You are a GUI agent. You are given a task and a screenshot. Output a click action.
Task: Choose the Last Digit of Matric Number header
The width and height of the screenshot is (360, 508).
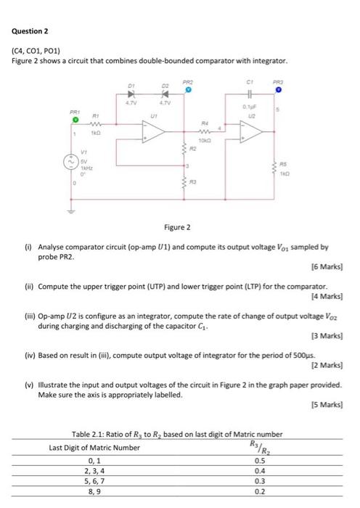94,447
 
